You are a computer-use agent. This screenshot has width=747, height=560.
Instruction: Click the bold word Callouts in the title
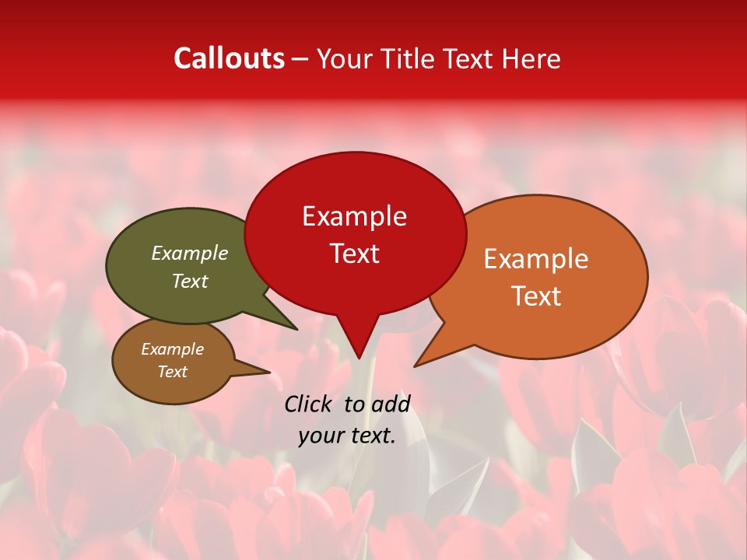(229, 58)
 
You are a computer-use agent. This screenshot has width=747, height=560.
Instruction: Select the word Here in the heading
(531, 58)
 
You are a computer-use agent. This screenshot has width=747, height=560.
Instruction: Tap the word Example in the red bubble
(354, 216)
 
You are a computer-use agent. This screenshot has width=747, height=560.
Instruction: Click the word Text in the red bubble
(354, 254)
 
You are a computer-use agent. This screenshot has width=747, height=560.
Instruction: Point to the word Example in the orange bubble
(536, 259)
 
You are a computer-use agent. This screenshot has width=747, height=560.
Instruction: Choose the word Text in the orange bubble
(536, 296)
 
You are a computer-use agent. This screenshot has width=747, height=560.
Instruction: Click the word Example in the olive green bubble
(190, 254)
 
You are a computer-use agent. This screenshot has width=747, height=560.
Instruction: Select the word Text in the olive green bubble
(190, 281)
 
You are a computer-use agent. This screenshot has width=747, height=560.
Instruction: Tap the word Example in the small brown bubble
(172, 349)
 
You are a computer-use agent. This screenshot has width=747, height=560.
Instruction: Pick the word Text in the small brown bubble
(172, 372)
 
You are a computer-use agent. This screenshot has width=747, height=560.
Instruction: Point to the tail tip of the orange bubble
(416, 366)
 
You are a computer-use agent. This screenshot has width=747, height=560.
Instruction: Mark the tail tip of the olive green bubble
(296, 329)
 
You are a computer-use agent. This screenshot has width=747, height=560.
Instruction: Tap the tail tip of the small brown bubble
(269, 372)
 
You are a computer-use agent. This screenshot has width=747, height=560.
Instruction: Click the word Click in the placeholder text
(309, 404)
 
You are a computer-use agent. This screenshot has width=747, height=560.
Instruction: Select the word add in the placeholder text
(391, 404)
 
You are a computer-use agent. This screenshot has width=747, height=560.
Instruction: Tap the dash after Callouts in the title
(300, 60)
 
